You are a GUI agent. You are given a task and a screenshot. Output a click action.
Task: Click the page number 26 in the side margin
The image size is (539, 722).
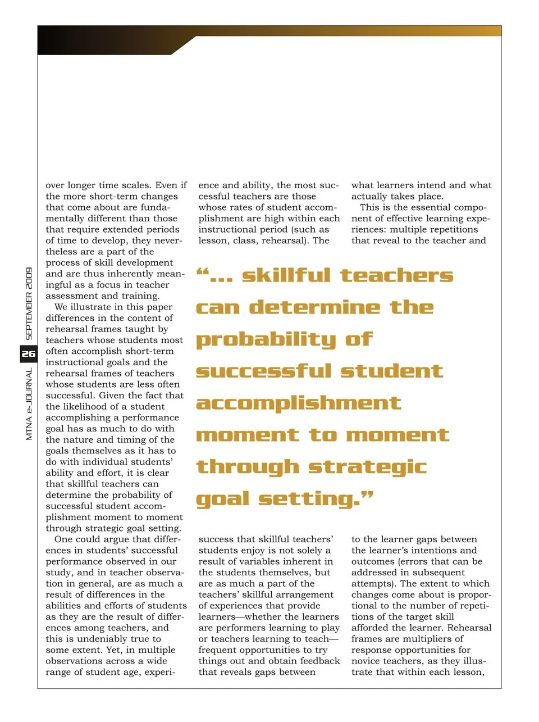[x=28, y=354]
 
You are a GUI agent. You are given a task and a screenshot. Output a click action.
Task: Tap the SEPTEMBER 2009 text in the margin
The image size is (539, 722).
[x=29, y=303]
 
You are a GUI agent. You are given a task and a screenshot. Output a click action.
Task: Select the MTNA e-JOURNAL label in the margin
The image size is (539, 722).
[x=29, y=403]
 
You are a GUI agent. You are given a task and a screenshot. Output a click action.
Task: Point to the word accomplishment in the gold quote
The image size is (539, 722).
[x=298, y=403]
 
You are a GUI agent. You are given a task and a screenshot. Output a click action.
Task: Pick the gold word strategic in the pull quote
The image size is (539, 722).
[x=368, y=467]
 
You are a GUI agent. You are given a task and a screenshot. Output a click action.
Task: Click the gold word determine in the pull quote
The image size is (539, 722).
[x=314, y=308]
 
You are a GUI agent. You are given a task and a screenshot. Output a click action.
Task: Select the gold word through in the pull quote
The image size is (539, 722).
[x=247, y=467]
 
